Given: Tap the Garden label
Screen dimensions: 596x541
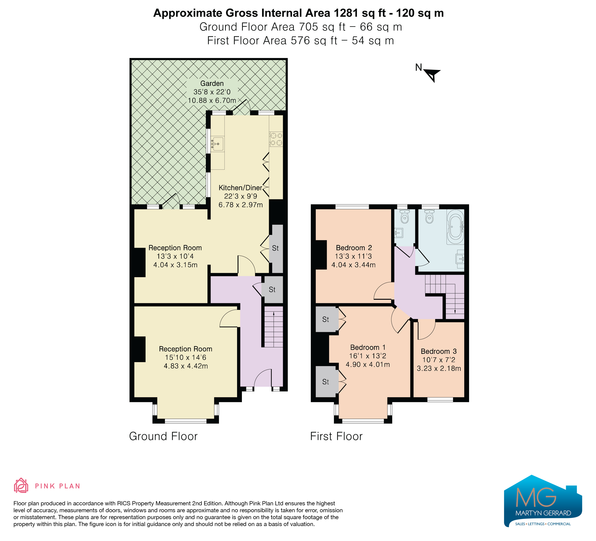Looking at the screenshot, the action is tap(212, 84).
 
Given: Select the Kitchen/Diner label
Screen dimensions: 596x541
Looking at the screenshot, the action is tap(240, 188).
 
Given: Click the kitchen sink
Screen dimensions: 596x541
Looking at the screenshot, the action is tap(218, 144).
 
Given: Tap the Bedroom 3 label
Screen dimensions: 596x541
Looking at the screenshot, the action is tap(439, 351).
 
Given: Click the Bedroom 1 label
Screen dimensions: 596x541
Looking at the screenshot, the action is tap(368, 347).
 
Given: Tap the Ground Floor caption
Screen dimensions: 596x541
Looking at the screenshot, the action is tap(163, 436).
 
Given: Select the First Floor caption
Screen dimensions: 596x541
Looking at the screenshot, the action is tap(336, 436).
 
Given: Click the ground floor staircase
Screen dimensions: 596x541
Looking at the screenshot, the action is tap(273, 327).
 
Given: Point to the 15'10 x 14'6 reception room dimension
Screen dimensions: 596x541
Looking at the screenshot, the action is tap(186, 358).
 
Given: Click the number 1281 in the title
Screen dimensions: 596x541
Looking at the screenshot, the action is tap(347, 13).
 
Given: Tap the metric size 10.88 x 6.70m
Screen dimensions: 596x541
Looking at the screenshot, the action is tap(212, 101).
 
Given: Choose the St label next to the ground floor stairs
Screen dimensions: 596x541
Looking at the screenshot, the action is tap(272, 290).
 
